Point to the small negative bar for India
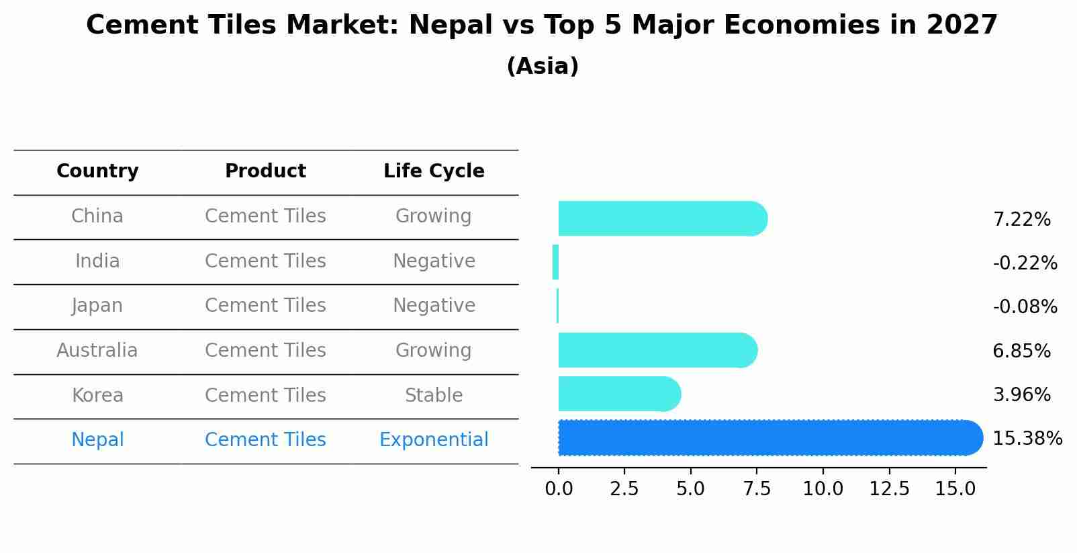555,262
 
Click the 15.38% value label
1027,439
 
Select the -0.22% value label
1025,263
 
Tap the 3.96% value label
1021,394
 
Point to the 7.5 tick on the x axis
757,488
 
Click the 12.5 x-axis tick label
889,488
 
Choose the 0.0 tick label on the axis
559,488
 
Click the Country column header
97,171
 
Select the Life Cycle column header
434,171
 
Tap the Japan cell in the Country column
97,306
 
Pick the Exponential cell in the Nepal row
434,440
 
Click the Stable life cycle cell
434,395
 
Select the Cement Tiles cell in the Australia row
265,350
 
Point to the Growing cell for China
434,216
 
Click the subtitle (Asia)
543,67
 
